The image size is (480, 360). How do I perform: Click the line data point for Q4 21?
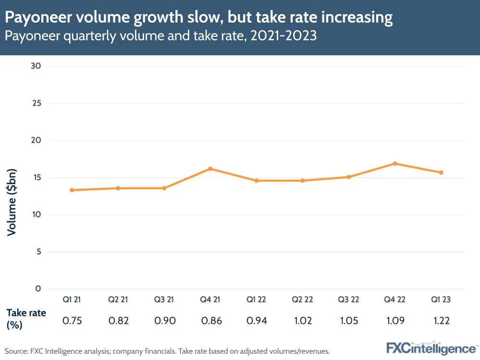[210, 169]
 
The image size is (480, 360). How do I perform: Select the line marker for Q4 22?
[395, 163]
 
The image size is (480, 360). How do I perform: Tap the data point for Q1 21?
[72, 190]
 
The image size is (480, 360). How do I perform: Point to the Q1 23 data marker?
[441, 173]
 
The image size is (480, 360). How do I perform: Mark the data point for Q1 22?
[257, 181]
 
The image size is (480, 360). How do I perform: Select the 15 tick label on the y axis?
[37, 177]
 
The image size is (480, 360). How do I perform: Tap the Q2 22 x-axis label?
[303, 299]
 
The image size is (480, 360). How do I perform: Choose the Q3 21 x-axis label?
[164, 299]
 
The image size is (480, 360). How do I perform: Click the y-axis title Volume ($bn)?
[12, 202]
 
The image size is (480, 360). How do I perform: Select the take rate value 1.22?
[441, 321]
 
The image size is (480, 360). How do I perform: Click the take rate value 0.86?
[210, 321]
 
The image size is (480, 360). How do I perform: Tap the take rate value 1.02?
[303, 321]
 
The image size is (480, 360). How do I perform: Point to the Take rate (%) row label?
[26, 319]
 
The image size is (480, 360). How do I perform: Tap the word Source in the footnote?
[16, 351]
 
